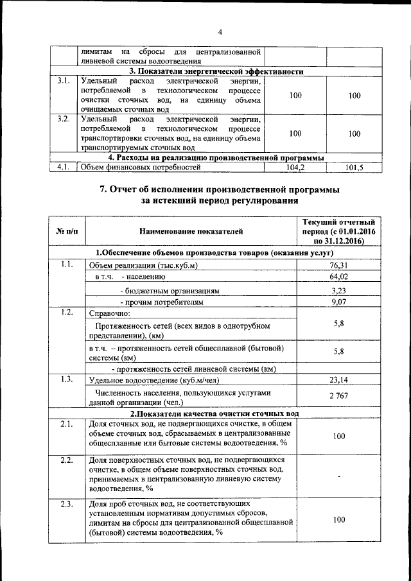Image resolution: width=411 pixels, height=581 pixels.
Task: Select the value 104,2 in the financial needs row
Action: tap(295, 168)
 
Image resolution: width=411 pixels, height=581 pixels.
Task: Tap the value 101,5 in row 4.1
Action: tap(354, 168)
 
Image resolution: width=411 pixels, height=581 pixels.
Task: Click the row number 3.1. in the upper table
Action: tap(62, 82)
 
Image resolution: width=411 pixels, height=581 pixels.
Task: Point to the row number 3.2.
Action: tap(62, 119)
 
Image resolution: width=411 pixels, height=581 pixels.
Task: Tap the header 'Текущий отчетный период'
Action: tap(335, 231)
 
